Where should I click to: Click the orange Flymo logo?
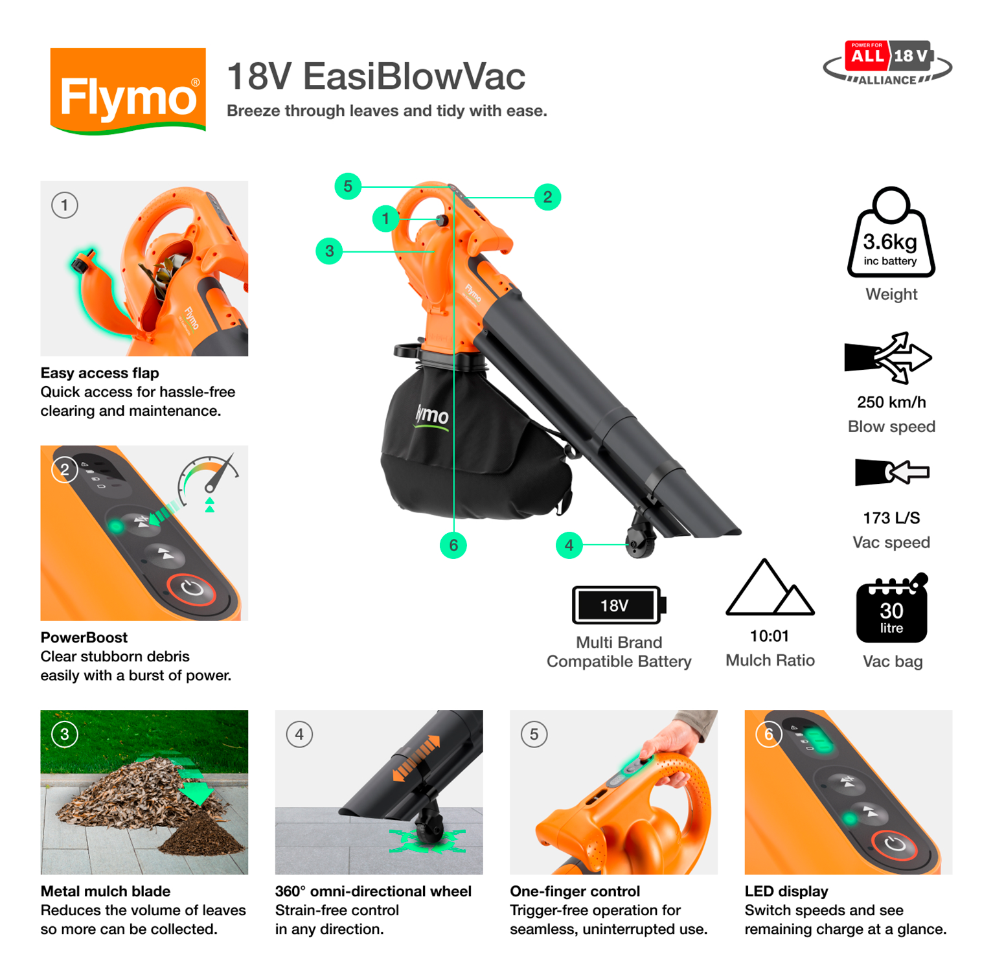coord(128,91)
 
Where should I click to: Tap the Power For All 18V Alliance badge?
coord(887,63)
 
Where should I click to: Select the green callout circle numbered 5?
coord(348,187)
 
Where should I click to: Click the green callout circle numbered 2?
coord(547,197)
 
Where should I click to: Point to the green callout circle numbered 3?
coord(329,251)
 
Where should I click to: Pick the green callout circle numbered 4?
coord(569,545)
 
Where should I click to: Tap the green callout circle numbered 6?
coord(453,545)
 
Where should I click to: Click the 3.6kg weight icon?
coord(891,234)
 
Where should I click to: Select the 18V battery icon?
coord(618,605)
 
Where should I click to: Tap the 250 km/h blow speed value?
coord(891,402)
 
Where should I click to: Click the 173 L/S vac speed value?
coord(891,518)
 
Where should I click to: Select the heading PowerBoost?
coord(84,637)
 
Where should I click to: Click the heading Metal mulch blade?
coord(106,891)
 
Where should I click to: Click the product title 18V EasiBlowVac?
coord(376,76)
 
